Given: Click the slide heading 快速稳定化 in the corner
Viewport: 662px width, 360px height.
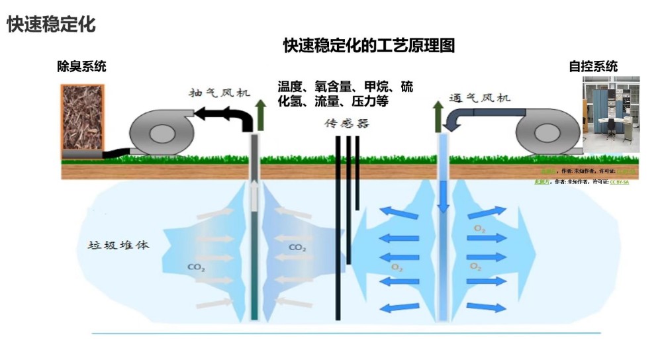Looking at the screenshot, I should pos(51,24).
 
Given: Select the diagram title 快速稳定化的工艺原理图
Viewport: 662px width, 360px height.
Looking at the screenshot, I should pos(369,46).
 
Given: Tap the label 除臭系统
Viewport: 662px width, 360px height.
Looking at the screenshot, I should pos(81,66).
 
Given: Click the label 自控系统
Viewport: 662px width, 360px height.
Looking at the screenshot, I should pos(593,66).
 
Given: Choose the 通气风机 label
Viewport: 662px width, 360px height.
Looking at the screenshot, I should pos(480,98).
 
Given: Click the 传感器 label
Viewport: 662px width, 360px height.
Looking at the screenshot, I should pos(346,123).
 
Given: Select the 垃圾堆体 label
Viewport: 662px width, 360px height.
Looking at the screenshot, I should pos(118,245).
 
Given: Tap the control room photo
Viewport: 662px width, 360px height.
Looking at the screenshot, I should pos(610,114).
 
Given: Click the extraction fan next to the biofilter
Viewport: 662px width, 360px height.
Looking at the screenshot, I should pos(159,132).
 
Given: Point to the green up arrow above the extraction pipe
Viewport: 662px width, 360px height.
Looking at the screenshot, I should pos(260,112).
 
